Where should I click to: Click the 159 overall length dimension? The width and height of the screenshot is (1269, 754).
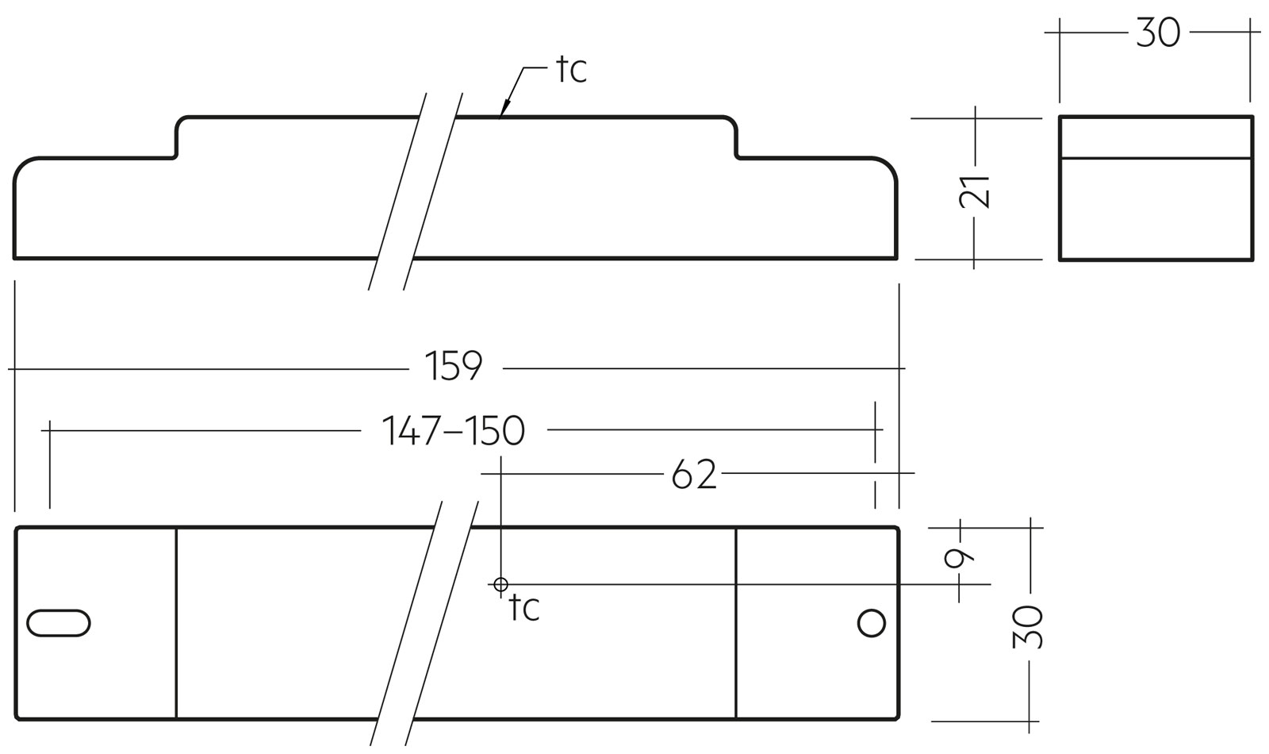click(454, 366)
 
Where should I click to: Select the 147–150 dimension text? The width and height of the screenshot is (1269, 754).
click(454, 431)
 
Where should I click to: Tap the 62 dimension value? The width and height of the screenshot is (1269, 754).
click(694, 475)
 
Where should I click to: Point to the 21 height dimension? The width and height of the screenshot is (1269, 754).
click(975, 190)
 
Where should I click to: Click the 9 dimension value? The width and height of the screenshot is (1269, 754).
click(959, 557)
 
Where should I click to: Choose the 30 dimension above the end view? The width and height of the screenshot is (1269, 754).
click(1158, 33)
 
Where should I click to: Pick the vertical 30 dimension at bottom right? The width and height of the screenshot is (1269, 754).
click(1028, 627)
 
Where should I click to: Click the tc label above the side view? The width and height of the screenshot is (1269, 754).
click(571, 70)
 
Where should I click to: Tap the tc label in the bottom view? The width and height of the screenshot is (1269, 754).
click(524, 608)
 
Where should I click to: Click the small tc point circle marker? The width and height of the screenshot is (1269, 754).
click(500, 585)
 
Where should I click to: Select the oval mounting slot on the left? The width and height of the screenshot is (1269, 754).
click(58, 623)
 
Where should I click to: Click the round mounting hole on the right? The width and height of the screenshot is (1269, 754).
click(871, 623)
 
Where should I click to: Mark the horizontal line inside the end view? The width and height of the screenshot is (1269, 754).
click(1156, 158)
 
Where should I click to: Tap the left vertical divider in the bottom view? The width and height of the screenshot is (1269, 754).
click(176, 623)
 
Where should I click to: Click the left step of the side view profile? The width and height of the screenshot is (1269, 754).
click(176, 139)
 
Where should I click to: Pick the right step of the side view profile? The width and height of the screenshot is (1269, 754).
click(736, 139)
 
